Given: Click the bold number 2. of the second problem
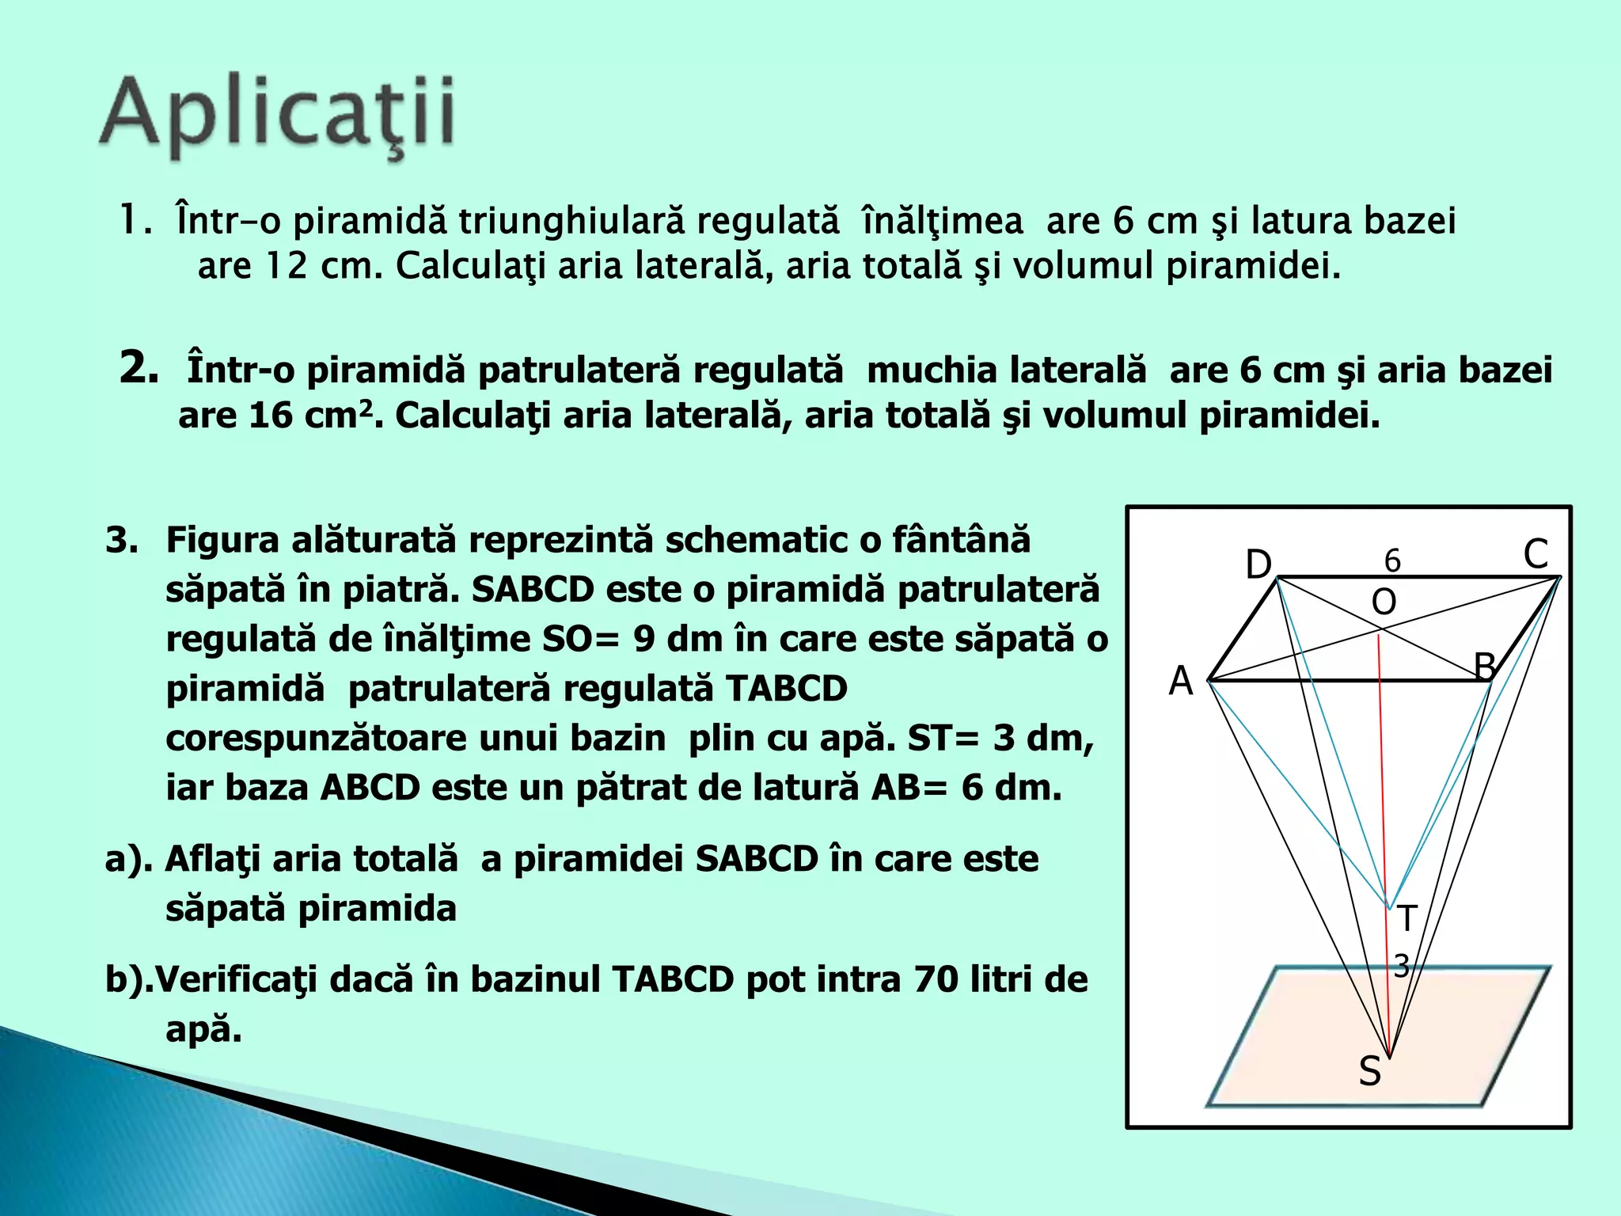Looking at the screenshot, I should (x=139, y=368).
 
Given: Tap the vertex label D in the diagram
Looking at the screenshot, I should (x=1258, y=565).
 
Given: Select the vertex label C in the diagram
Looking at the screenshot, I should (x=1536, y=554).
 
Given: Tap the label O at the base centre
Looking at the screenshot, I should (x=1384, y=603).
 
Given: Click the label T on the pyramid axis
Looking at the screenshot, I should (x=1406, y=919).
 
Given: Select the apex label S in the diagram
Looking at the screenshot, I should (x=1369, y=1072).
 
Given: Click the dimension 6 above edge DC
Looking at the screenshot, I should (x=1392, y=560).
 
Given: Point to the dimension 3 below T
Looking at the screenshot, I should (x=1401, y=966).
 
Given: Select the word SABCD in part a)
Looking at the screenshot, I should (x=756, y=859).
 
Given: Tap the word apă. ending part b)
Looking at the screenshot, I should (x=203, y=1029).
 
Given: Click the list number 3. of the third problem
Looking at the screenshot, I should (x=122, y=541).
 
